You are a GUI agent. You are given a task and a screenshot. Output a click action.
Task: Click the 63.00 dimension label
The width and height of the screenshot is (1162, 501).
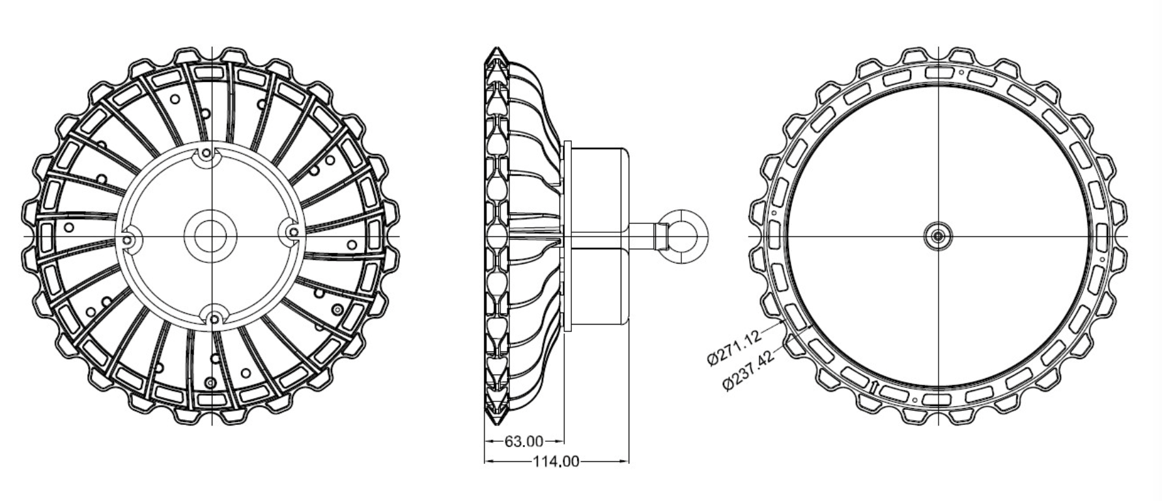pos(524,442)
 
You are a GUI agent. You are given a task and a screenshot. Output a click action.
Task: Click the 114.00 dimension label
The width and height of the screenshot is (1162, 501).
pos(556,462)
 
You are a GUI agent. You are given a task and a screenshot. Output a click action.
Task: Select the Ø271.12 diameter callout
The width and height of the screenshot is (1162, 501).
pos(733,348)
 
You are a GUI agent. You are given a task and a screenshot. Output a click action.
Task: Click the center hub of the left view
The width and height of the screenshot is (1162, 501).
pos(212,236)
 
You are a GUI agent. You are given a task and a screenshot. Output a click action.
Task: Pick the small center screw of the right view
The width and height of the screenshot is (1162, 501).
pos(937,236)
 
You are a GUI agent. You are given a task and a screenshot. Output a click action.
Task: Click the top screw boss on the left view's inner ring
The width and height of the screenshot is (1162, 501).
pos(206,154)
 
